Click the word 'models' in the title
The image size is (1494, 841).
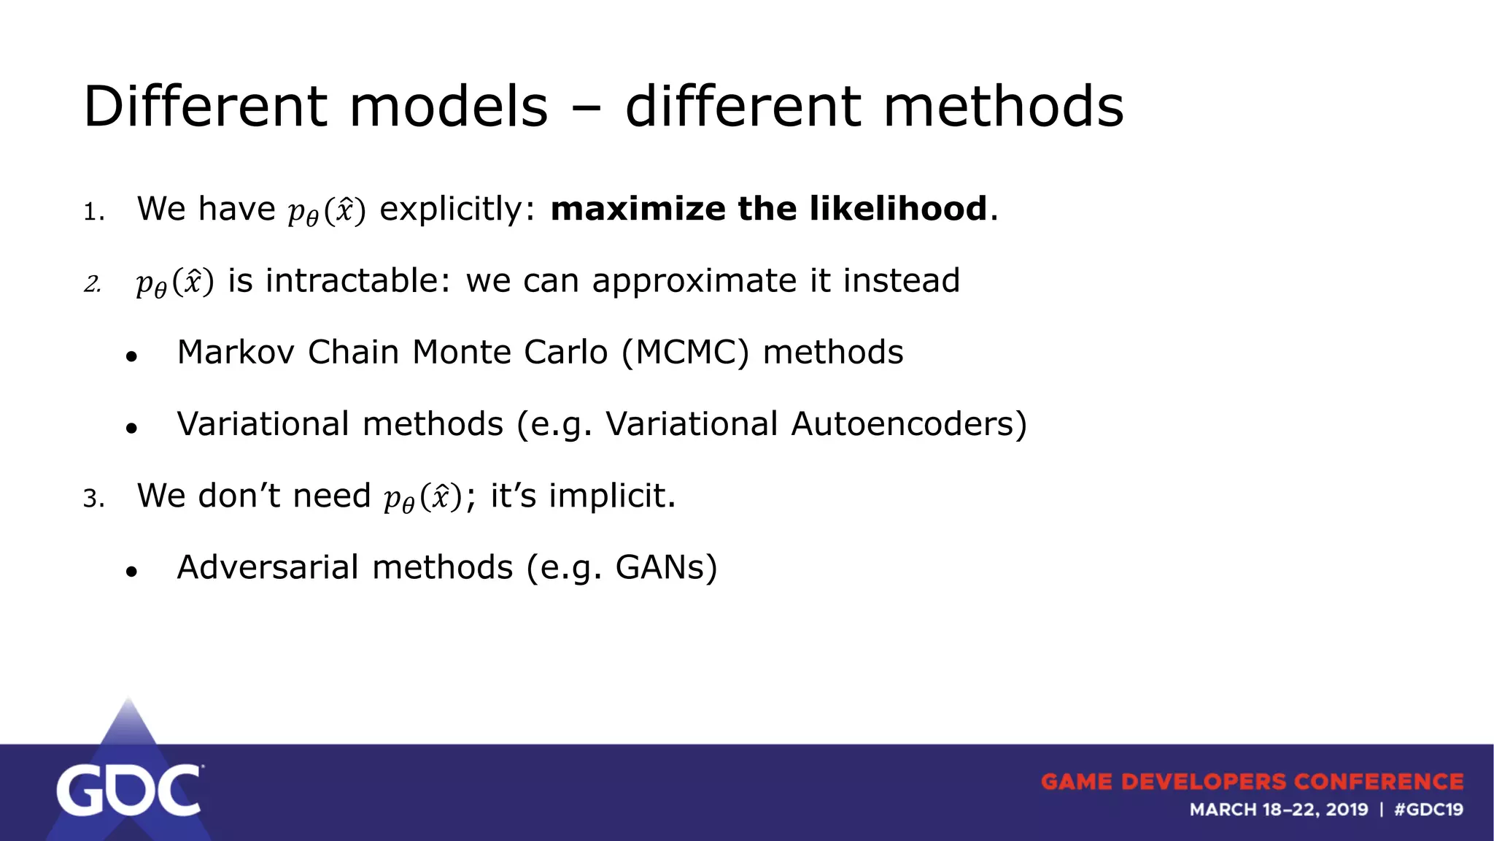point(448,107)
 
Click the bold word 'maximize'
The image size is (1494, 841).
point(637,209)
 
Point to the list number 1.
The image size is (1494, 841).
point(93,212)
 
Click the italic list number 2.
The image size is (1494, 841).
point(92,284)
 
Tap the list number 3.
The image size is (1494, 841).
point(93,499)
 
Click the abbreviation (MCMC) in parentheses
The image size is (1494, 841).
point(685,353)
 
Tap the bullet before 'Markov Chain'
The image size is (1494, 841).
point(131,357)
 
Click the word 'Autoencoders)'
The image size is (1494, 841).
point(908,424)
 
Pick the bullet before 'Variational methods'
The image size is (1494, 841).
point(131,429)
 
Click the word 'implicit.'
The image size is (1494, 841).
point(612,496)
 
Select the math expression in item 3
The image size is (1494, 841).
point(423,498)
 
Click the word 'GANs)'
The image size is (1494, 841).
point(666,568)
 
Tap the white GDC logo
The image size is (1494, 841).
point(128,790)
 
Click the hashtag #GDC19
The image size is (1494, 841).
point(1428,810)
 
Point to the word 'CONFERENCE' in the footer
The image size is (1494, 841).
point(1378,782)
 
